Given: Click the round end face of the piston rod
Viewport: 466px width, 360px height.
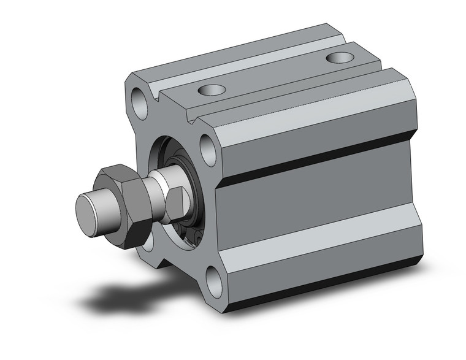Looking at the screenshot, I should point(90,212).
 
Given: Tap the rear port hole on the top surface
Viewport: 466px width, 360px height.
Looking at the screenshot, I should point(340,58).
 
